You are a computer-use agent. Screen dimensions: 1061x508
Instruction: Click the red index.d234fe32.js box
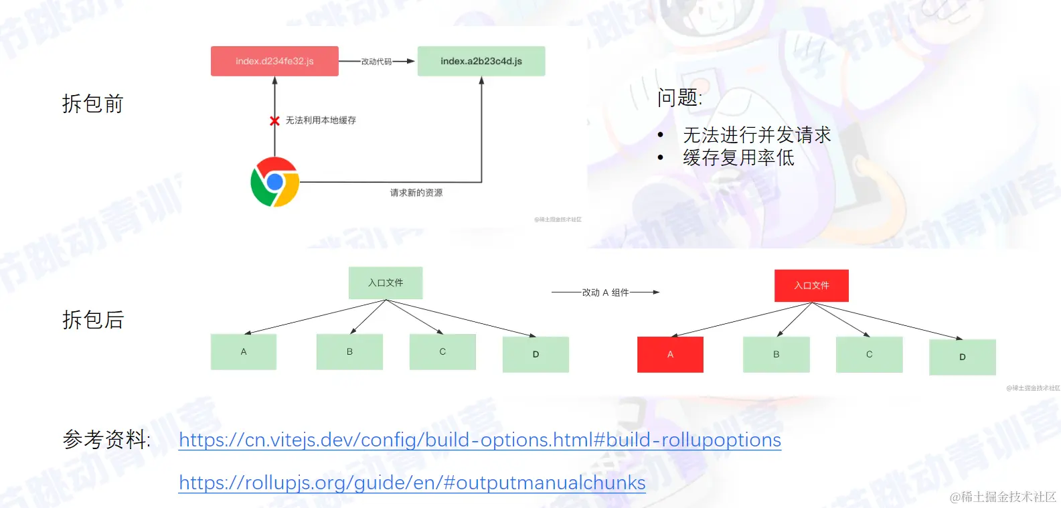274,61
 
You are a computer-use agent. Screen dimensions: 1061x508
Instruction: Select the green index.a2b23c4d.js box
481,61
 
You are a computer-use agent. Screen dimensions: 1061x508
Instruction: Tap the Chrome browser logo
274,182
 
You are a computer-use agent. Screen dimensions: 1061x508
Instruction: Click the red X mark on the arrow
274,121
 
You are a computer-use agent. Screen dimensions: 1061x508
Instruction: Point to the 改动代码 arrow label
376,62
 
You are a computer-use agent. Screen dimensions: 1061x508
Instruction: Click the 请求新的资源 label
416,193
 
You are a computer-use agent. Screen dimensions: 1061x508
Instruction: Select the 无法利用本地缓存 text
321,120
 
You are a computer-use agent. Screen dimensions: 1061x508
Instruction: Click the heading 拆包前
93,104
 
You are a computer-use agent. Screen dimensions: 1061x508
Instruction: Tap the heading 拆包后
93,320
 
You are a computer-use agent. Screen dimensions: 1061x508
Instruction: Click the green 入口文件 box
386,283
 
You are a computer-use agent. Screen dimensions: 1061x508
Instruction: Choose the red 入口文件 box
811,286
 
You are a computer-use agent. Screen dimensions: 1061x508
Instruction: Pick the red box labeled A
670,355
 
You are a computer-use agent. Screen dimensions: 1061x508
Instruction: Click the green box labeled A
244,352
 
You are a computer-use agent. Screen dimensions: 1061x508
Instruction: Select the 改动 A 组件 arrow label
605,292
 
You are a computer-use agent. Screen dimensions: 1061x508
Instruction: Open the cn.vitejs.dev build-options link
480,440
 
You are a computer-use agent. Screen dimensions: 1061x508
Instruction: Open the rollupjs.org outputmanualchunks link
412,483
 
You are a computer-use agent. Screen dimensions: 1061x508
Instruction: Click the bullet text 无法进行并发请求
756,135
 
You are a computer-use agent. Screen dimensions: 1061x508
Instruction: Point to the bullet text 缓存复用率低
738,158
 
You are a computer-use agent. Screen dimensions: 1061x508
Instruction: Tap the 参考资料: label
106,440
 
